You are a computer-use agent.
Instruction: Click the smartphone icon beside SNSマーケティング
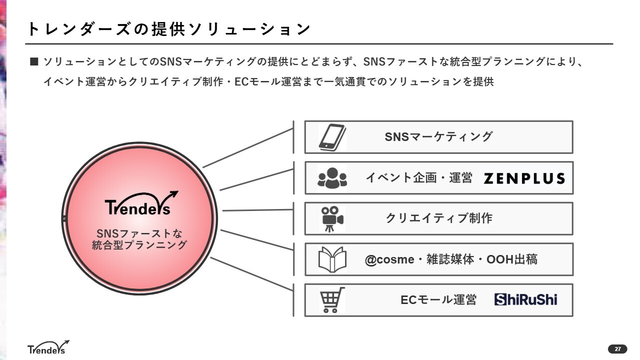332,137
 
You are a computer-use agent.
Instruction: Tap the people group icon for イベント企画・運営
332,178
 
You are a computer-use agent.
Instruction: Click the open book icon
332,259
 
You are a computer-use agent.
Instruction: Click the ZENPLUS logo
524,178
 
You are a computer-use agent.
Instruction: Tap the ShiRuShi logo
525,299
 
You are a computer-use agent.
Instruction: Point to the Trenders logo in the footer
48,347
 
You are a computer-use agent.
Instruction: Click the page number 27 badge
617,349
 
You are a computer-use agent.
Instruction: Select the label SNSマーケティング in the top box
438,136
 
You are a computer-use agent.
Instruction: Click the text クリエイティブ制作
439,218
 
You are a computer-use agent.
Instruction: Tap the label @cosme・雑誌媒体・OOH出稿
451,259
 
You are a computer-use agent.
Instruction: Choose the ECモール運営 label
438,300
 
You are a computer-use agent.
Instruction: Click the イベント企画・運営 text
419,178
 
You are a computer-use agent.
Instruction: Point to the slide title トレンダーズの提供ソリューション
169,29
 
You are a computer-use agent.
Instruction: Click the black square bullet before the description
34,62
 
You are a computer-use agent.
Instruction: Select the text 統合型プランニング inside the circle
139,245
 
